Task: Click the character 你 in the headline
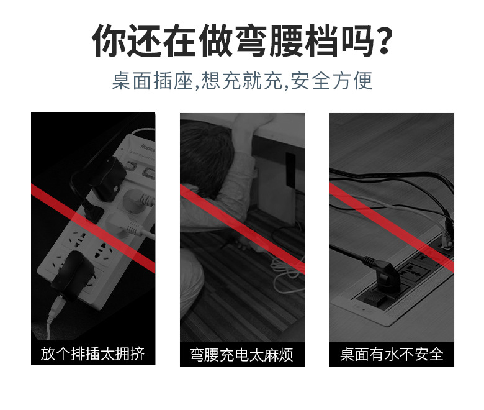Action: pyautogui.click(x=108, y=43)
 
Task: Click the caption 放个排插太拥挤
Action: pyautogui.click(x=93, y=354)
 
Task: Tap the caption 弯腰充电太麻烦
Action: pyautogui.click(x=242, y=355)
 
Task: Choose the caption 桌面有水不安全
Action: pyautogui.click(x=392, y=355)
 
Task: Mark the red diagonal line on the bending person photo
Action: pyautogui.click(x=242, y=217)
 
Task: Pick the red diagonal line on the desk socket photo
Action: pyautogui.click(x=392, y=227)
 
